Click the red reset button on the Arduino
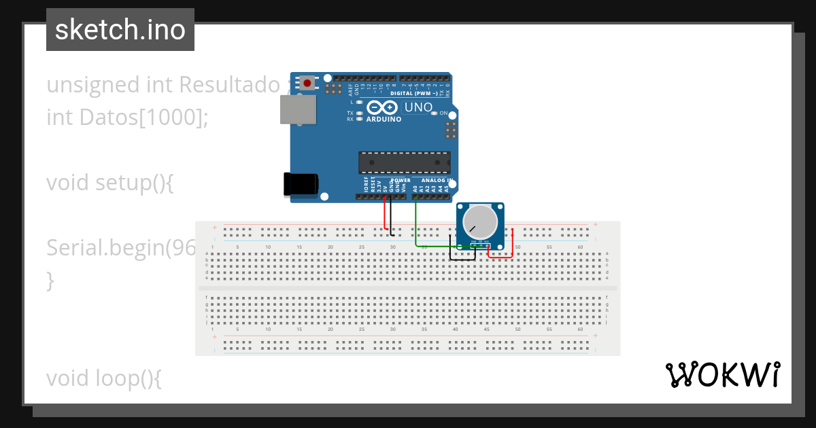click(307, 84)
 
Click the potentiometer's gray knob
click(480, 221)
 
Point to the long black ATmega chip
click(404, 162)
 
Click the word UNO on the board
click(418, 107)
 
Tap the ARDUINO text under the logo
click(384, 119)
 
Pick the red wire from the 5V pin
click(385, 214)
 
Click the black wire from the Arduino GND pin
click(391, 214)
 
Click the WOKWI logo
click(722, 374)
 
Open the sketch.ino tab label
click(120, 30)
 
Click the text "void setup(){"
click(110, 183)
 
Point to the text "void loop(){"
click(104, 378)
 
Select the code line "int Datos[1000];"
click(127, 117)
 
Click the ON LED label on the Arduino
click(444, 113)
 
